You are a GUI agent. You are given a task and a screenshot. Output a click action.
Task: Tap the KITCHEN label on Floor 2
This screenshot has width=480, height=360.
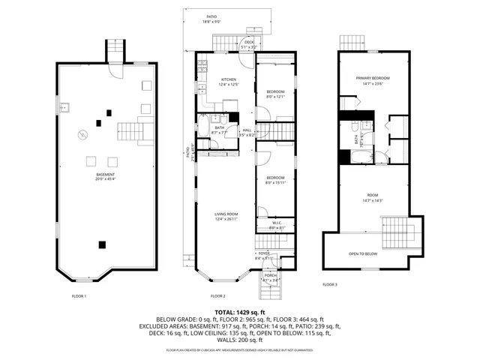228,79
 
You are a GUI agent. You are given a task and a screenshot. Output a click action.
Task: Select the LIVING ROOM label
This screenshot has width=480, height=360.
226,214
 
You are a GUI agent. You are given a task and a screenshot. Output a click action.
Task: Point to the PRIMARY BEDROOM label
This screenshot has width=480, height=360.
373,78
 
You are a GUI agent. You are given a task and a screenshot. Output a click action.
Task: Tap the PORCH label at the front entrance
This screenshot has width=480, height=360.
269,275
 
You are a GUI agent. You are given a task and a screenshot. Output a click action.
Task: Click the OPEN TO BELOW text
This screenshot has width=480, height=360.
364,253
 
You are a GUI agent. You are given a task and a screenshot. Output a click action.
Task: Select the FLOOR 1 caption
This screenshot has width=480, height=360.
79,295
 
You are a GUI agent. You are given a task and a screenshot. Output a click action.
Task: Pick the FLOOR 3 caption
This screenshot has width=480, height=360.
330,285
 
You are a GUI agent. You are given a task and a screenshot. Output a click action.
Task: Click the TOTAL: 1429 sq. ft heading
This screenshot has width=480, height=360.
240,312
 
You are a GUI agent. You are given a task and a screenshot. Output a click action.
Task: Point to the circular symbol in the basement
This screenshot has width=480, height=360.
83,135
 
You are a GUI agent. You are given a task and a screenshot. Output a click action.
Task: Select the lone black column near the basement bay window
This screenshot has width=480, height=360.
102,243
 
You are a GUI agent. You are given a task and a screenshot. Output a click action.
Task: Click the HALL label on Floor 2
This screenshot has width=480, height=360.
247,130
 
